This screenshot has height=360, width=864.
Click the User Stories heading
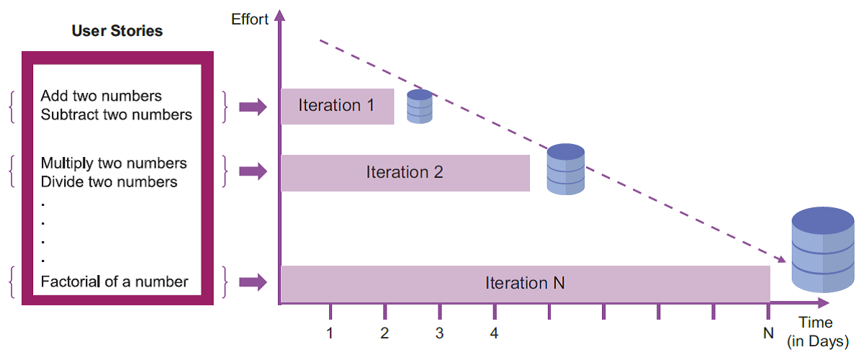point(117,31)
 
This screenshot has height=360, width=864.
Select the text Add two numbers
point(101,96)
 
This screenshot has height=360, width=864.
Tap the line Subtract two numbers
point(116,114)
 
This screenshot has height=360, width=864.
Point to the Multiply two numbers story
point(114,163)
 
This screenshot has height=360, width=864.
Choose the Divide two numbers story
point(109,181)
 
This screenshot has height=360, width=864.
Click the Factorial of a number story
point(114,282)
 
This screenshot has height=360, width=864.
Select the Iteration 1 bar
point(338,107)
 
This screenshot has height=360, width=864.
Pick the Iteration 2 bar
point(405,173)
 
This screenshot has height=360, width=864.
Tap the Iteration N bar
point(526,284)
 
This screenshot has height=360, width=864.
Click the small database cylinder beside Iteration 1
point(420,107)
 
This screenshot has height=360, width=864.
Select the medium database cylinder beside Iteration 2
point(566,169)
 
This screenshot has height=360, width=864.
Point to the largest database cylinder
point(823,250)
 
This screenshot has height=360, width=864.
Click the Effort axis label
point(250,19)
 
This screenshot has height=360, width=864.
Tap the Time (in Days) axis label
point(818,332)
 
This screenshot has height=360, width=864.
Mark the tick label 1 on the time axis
point(330,333)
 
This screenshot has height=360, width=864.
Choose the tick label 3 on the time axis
point(439,333)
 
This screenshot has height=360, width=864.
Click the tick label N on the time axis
point(768,333)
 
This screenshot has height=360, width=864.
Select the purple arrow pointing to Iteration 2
point(253,171)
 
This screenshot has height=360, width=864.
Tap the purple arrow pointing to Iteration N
point(253,282)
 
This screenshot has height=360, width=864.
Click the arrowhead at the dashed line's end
point(782,259)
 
